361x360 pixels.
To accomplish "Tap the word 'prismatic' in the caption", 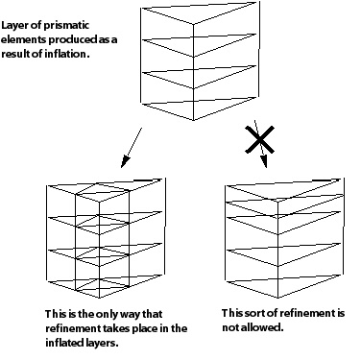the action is pyautogui.click(x=66, y=26).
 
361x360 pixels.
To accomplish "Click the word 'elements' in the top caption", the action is pyautogui.click(x=24, y=39).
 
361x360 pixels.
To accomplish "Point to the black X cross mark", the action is pyautogui.click(x=259, y=139).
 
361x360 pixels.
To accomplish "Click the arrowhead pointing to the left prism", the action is pyautogui.click(x=125, y=162).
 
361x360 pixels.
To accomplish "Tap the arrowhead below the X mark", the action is pyautogui.click(x=264, y=162).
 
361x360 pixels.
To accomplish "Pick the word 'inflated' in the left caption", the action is pyautogui.click(x=64, y=343).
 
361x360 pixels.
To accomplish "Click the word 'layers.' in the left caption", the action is pyautogui.click(x=102, y=343).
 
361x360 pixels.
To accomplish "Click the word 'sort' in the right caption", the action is pyautogui.click(x=254, y=313).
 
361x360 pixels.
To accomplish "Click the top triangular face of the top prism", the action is pyautogui.click(x=199, y=12).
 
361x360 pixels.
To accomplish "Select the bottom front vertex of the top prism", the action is pyautogui.click(x=193, y=120).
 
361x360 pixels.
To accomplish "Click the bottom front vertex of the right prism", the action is pyautogui.click(x=277, y=298).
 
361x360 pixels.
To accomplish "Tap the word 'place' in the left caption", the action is pyautogui.click(x=146, y=328).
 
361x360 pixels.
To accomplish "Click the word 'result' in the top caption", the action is pyautogui.click(x=15, y=54).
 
